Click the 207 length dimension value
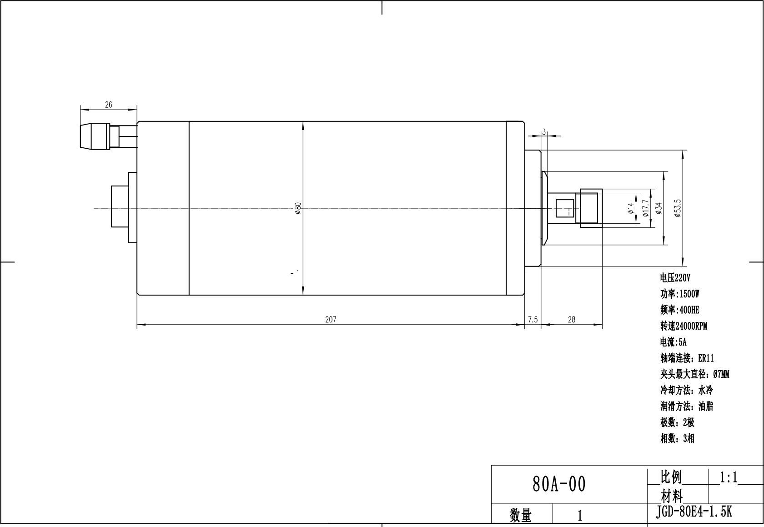(331, 320)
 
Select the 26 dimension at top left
(108, 105)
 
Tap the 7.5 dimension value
(533, 320)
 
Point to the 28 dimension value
(572, 320)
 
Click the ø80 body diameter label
(298, 208)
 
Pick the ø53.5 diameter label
(678, 208)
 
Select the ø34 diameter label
(659, 208)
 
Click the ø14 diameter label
(631, 208)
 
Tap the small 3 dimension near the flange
(544, 132)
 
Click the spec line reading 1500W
(680, 294)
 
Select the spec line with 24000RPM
(684, 326)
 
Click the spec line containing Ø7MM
(694, 374)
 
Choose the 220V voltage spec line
(675, 278)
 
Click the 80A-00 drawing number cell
(559, 484)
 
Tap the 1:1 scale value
(729, 477)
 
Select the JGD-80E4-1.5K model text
(694, 512)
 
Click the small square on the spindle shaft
(565, 208)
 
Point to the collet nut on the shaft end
(591, 208)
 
